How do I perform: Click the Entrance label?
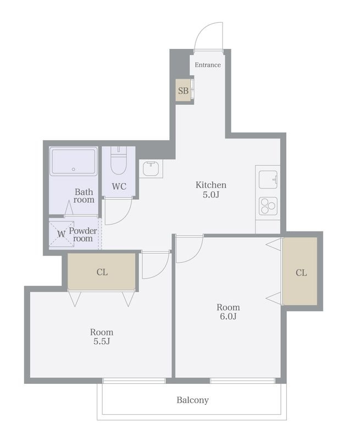[x=208, y=65]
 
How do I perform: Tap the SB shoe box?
[x=184, y=91]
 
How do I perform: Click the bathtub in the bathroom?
[x=74, y=162]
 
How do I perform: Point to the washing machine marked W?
[x=62, y=234]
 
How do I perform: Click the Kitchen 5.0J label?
[x=211, y=190]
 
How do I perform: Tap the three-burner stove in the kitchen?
[x=268, y=206]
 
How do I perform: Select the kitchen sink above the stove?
[x=268, y=180]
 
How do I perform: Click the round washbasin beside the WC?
[x=151, y=169]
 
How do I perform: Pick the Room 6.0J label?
[x=228, y=312]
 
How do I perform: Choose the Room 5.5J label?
[x=102, y=337]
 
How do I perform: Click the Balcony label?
[x=192, y=400]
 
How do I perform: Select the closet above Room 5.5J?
[x=102, y=272]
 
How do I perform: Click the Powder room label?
[x=83, y=235]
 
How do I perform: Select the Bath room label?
[x=84, y=196]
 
